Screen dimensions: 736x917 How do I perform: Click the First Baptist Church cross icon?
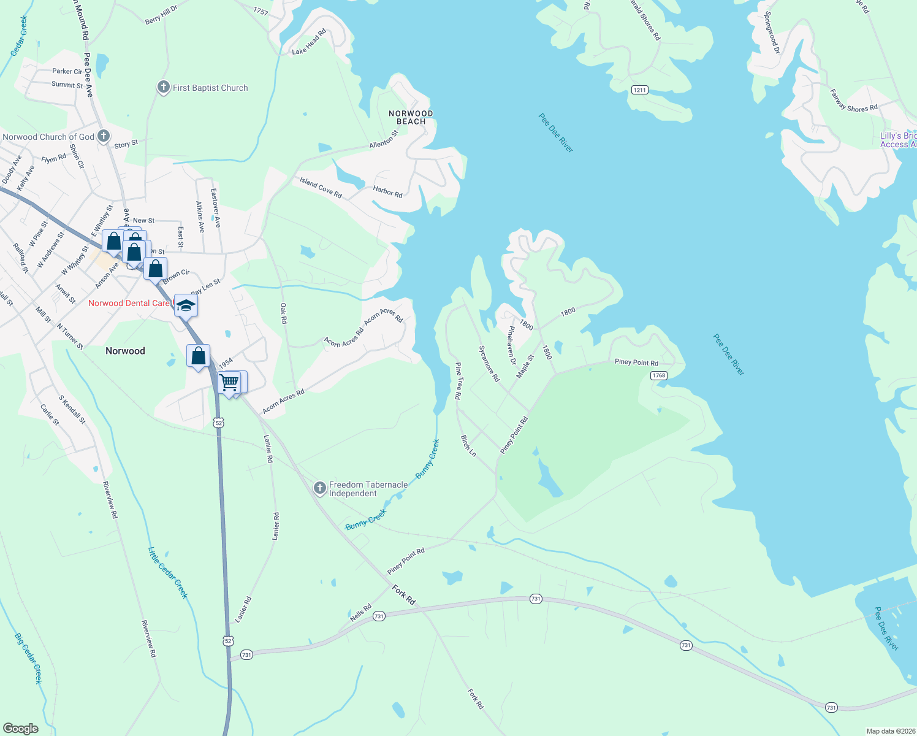[163, 87]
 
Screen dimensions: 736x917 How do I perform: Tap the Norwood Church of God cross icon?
[104, 136]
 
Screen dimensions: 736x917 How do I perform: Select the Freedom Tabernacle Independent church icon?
[319, 488]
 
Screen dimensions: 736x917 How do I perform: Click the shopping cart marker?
[229, 382]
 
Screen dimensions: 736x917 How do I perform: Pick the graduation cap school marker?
[186, 305]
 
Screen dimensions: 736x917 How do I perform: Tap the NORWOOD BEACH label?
[411, 117]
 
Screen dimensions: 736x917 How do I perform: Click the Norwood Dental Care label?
[129, 303]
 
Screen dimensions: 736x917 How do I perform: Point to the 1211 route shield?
[639, 90]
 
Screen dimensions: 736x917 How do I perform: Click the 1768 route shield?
[659, 375]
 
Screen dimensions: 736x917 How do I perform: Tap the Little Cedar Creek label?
[168, 573]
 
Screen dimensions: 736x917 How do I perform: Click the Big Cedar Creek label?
[28, 658]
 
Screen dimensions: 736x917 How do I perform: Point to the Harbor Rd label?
[387, 192]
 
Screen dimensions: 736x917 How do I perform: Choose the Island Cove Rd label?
[321, 188]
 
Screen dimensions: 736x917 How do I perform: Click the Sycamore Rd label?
[489, 363]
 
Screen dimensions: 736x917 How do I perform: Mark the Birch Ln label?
[468, 446]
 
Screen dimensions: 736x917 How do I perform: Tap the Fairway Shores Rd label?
[853, 101]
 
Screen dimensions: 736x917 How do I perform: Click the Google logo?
[20, 729]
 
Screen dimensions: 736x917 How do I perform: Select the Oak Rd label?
[284, 313]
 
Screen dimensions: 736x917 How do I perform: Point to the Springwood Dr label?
[772, 32]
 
